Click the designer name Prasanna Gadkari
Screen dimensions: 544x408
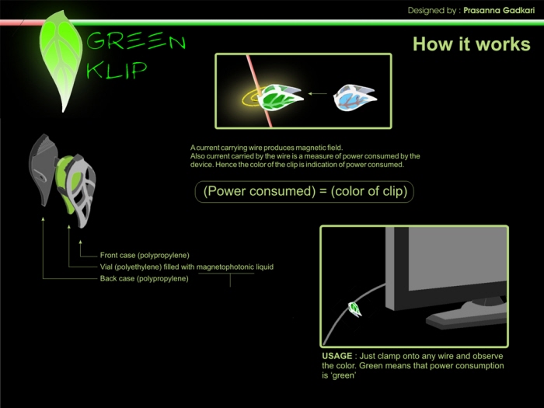point(499,10)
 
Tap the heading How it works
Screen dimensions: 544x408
point(472,44)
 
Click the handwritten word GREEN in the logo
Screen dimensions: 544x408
point(136,41)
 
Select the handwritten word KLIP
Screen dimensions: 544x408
point(117,71)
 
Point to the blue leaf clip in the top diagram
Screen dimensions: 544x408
point(354,97)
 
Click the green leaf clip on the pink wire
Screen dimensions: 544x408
point(281,97)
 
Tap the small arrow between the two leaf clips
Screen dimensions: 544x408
point(318,93)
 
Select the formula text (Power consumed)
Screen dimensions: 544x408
point(259,191)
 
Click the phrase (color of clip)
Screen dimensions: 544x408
point(369,191)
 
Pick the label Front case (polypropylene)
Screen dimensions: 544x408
point(145,256)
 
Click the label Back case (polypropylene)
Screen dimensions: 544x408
point(144,278)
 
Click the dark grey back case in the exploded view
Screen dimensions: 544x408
point(42,169)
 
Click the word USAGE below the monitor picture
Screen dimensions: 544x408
point(337,356)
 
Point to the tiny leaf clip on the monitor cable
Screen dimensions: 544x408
point(354,309)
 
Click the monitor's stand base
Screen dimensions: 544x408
point(466,317)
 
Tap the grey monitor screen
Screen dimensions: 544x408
point(457,257)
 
